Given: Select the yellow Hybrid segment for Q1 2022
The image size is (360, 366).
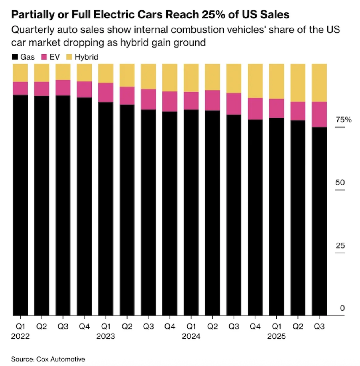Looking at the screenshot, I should pos(20,73).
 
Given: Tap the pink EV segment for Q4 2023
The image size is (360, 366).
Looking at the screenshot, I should pos(169,101).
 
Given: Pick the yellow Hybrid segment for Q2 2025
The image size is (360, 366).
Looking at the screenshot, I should pos(298,83).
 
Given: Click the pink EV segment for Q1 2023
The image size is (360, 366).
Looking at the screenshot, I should pos(106,93).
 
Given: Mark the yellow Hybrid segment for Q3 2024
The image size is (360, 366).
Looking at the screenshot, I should pos(234,78).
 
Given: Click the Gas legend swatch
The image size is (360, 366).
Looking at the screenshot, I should pos(15,57).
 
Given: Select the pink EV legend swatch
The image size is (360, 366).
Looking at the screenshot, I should pos(43,57).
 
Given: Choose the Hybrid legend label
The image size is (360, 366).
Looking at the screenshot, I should pos(87,57).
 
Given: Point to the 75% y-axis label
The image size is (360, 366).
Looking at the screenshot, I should pos(343,120).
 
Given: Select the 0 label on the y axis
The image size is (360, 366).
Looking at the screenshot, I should pos(342,308).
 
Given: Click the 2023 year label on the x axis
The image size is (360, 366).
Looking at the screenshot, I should pos(106,337).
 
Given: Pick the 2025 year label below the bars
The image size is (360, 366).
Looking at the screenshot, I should pos(276,337).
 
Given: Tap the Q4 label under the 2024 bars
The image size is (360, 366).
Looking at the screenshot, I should pos(255,326).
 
